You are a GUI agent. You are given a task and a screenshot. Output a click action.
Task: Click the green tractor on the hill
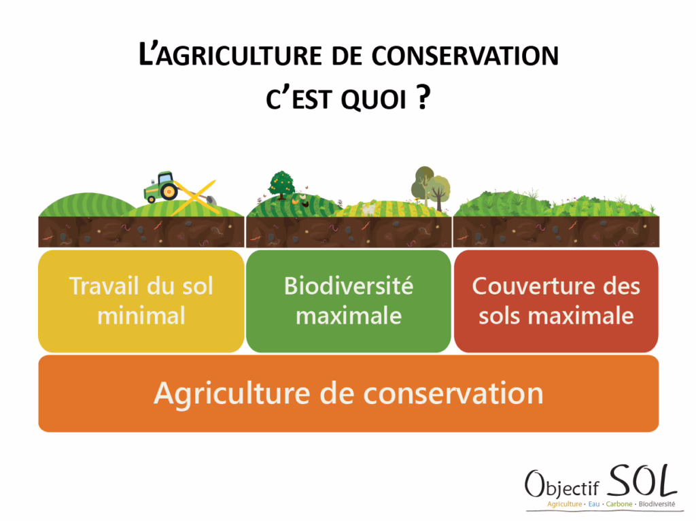point(160,187)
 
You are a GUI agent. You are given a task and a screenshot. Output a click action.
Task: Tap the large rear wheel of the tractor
point(169,192)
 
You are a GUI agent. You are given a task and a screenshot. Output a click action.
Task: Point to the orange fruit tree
point(281,185)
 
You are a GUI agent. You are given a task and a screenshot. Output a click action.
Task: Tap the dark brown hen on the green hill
point(305,204)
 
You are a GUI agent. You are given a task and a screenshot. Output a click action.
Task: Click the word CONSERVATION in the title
point(465,56)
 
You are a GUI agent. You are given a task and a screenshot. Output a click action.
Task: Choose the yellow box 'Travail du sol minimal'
point(141,301)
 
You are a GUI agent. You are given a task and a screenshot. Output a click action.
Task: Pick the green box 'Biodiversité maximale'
point(349,301)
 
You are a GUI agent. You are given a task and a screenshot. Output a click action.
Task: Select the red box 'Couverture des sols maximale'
point(556,301)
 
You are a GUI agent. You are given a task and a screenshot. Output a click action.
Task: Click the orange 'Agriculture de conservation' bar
point(349,393)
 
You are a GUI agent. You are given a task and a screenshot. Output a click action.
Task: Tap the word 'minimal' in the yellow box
point(141,316)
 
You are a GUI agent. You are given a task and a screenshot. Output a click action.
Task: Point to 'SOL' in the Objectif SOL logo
point(642,481)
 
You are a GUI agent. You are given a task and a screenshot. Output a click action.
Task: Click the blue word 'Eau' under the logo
point(594,504)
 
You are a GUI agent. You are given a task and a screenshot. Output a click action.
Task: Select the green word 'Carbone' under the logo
point(619,504)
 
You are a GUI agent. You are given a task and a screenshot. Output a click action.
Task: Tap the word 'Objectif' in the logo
point(562,485)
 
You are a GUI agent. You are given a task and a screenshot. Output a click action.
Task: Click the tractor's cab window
point(165,178)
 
